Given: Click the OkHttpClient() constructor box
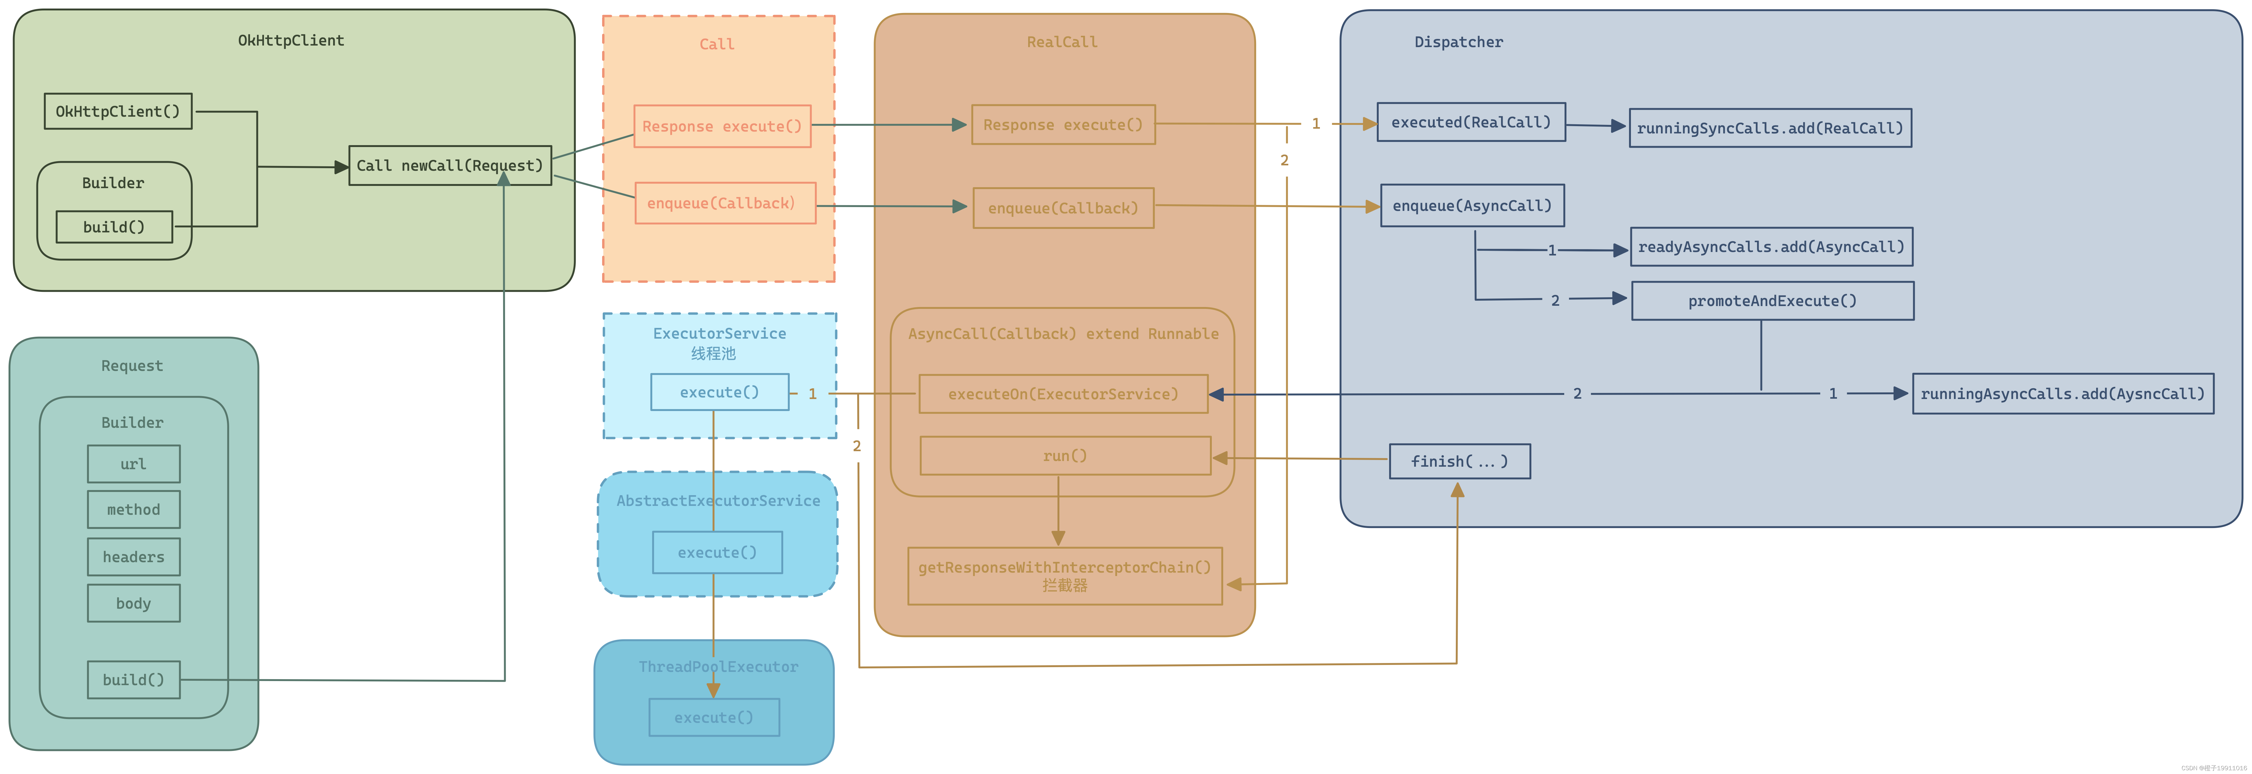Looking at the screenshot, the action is pyautogui.click(x=118, y=111).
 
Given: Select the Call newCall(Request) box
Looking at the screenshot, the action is pyautogui.click(x=450, y=165).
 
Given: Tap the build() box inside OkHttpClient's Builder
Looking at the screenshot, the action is pyautogui.click(x=114, y=226).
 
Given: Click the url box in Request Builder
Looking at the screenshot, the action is pyautogui.click(x=134, y=464).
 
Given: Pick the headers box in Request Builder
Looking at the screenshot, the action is pyautogui.click(x=134, y=556).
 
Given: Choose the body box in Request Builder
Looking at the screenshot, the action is pyautogui.click(x=134, y=603).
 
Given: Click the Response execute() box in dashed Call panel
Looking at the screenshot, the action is pyautogui.click(x=722, y=126).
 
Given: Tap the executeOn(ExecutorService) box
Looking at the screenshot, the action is pyautogui.click(x=1063, y=394).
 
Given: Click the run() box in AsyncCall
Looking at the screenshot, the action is pyautogui.click(x=1065, y=456).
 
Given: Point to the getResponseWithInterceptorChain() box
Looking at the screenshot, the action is pyautogui.click(x=1065, y=575).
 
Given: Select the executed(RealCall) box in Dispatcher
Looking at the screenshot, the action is pyautogui.click(x=1471, y=121).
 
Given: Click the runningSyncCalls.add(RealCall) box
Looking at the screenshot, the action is pyautogui.click(x=1770, y=128).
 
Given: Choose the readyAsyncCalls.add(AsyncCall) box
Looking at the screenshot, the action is pyautogui.click(x=1771, y=247).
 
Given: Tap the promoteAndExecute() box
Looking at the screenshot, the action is pyautogui.click(x=1773, y=300).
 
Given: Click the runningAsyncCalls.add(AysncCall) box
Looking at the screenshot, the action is pyautogui.click(x=2063, y=394).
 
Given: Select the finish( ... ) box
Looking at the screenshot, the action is pyautogui.click(x=1460, y=461).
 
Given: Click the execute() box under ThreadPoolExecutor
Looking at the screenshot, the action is pyautogui.click(x=714, y=717).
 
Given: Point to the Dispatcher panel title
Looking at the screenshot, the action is pyautogui.click(x=1459, y=42).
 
